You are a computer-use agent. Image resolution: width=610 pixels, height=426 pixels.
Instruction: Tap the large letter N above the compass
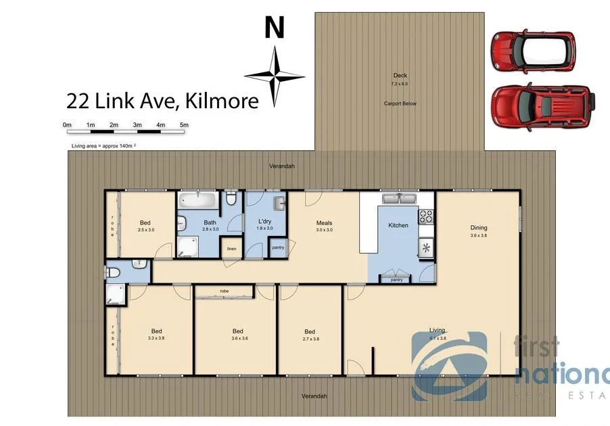coord(274,28)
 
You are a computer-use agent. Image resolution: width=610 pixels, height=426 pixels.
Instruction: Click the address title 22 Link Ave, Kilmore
coord(162,101)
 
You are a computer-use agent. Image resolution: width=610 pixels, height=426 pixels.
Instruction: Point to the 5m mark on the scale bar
coord(184,125)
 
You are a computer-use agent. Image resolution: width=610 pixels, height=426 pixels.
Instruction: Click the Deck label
coord(400,76)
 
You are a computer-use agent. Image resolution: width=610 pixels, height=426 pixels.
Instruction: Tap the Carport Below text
coord(400,103)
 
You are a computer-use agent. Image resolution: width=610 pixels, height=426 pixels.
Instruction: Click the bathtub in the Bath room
coord(197,201)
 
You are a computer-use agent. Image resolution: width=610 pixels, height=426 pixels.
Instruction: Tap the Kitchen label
coord(398,225)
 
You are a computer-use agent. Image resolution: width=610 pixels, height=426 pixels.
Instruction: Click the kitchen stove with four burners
coord(427,217)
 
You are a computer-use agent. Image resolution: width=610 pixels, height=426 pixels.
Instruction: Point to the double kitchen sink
coord(399,199)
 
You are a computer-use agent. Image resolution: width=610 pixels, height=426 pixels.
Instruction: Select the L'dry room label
coord(265,222)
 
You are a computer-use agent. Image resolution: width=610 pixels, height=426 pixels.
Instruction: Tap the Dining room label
coord(479,228)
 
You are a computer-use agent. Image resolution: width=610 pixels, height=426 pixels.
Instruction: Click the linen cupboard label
coord(231,249)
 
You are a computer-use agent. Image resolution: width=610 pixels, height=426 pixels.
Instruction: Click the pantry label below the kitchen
coord(396,279)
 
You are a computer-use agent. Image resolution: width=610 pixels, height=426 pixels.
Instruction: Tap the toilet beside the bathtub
coord(231,199)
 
